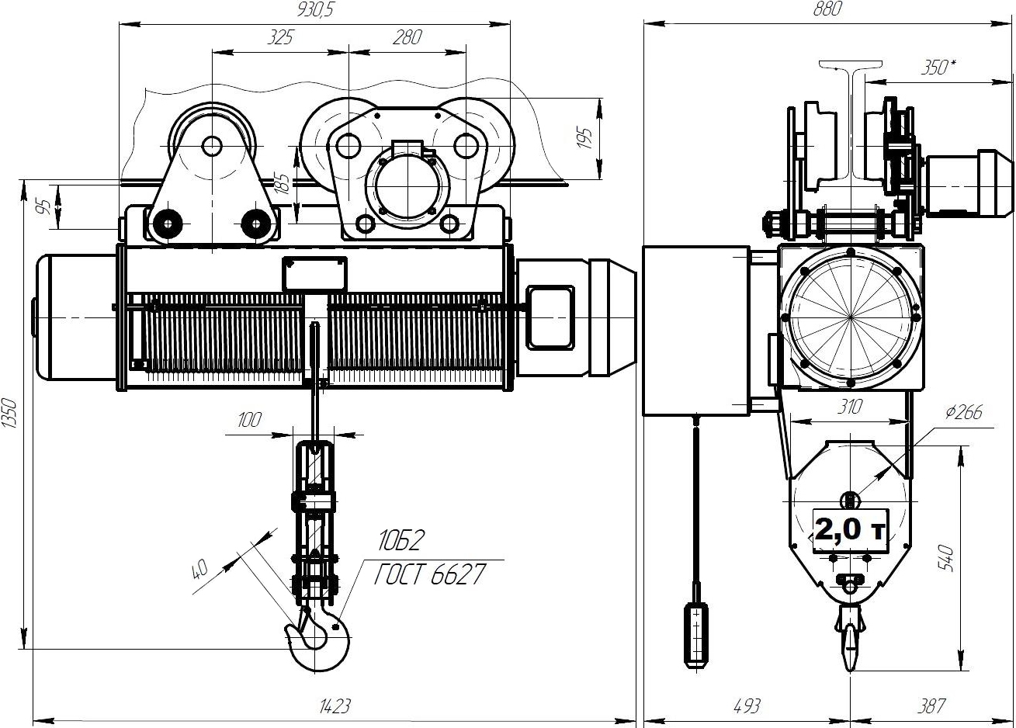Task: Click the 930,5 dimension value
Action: pyautogui.click(x=315, y=10)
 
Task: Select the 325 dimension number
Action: pyautogui.click(x=280, y=37)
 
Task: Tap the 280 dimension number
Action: pyautogui.click(x=407, y=37)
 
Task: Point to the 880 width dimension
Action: pyautogui.click(x=827, y=9)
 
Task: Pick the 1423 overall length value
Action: pyautogui.click(x=335, y=707)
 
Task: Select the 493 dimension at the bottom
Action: pyautogui.click(x=747, y=707)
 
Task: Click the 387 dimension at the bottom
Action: pyautogui.click(x=931, y=707)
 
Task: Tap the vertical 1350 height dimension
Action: pyautogui.click(x=9, y=413)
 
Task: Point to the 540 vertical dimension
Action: pyautogui.click(x=947, y=558)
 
